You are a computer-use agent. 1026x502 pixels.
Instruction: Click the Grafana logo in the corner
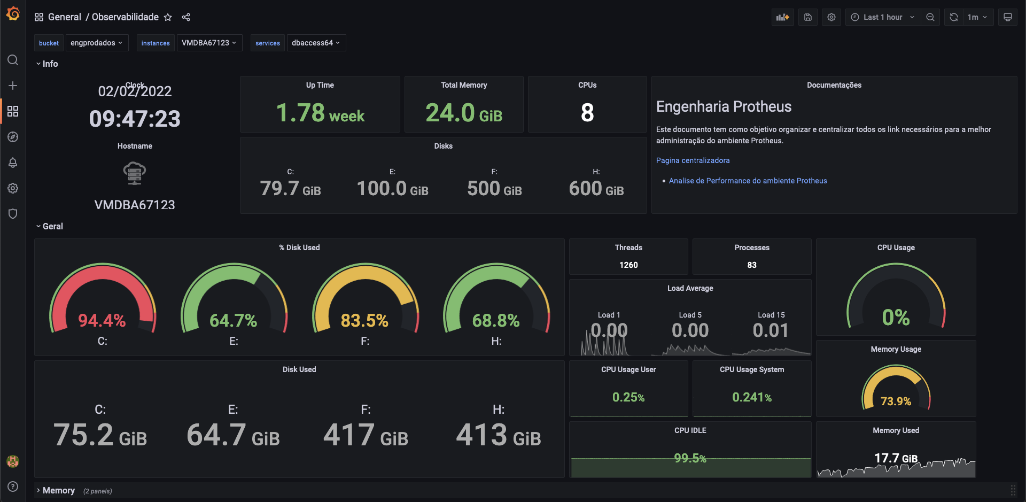(13, 14)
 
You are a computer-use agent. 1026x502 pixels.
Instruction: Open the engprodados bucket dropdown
(97, 43)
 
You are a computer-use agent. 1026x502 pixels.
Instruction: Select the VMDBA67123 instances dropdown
(209, 43)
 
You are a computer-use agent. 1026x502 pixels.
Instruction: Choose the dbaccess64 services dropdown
(316, 43)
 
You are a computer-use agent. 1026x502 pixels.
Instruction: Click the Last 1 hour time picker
(882, 17)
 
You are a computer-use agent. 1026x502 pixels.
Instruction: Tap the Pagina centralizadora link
(693, 160)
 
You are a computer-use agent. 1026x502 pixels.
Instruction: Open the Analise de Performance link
(748, 181)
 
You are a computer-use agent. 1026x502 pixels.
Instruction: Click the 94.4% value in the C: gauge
(102, 320)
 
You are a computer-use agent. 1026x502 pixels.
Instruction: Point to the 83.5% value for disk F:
(364, 320)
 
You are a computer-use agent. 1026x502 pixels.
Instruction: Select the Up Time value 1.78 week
(320, 113)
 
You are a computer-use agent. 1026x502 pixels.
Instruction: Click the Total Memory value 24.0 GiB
(464, 113)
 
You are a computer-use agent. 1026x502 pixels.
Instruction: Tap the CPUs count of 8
(587, 113)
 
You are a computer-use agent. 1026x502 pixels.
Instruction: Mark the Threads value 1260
(628, 265)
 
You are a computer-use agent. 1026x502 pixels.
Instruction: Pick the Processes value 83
(752, 265)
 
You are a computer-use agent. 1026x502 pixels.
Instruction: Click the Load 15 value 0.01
(771, 330)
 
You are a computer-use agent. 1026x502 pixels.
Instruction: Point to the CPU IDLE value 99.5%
(690, 458)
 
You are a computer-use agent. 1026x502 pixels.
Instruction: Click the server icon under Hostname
(135, 173)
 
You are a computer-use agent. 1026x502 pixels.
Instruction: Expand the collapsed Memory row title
(59, 490)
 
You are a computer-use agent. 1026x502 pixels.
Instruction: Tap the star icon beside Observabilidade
(168, 17)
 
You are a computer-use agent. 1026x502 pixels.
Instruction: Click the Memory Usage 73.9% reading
(896, 401)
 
